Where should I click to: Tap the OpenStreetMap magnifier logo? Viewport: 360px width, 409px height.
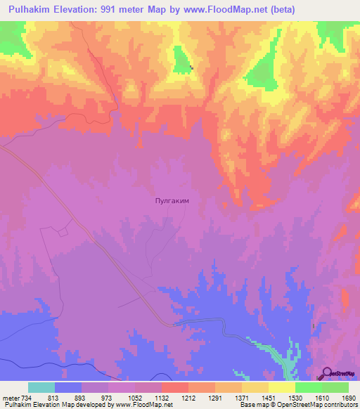[x=327, y=372]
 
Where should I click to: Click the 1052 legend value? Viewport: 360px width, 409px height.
[x=136, y=398]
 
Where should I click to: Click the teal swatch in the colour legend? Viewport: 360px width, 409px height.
[x=41, y=387]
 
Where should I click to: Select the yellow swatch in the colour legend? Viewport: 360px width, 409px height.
[x=281, y=387]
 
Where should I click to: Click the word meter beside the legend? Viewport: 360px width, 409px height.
[x=10, y=398]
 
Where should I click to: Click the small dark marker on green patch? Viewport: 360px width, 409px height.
[x=191, y=67]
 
